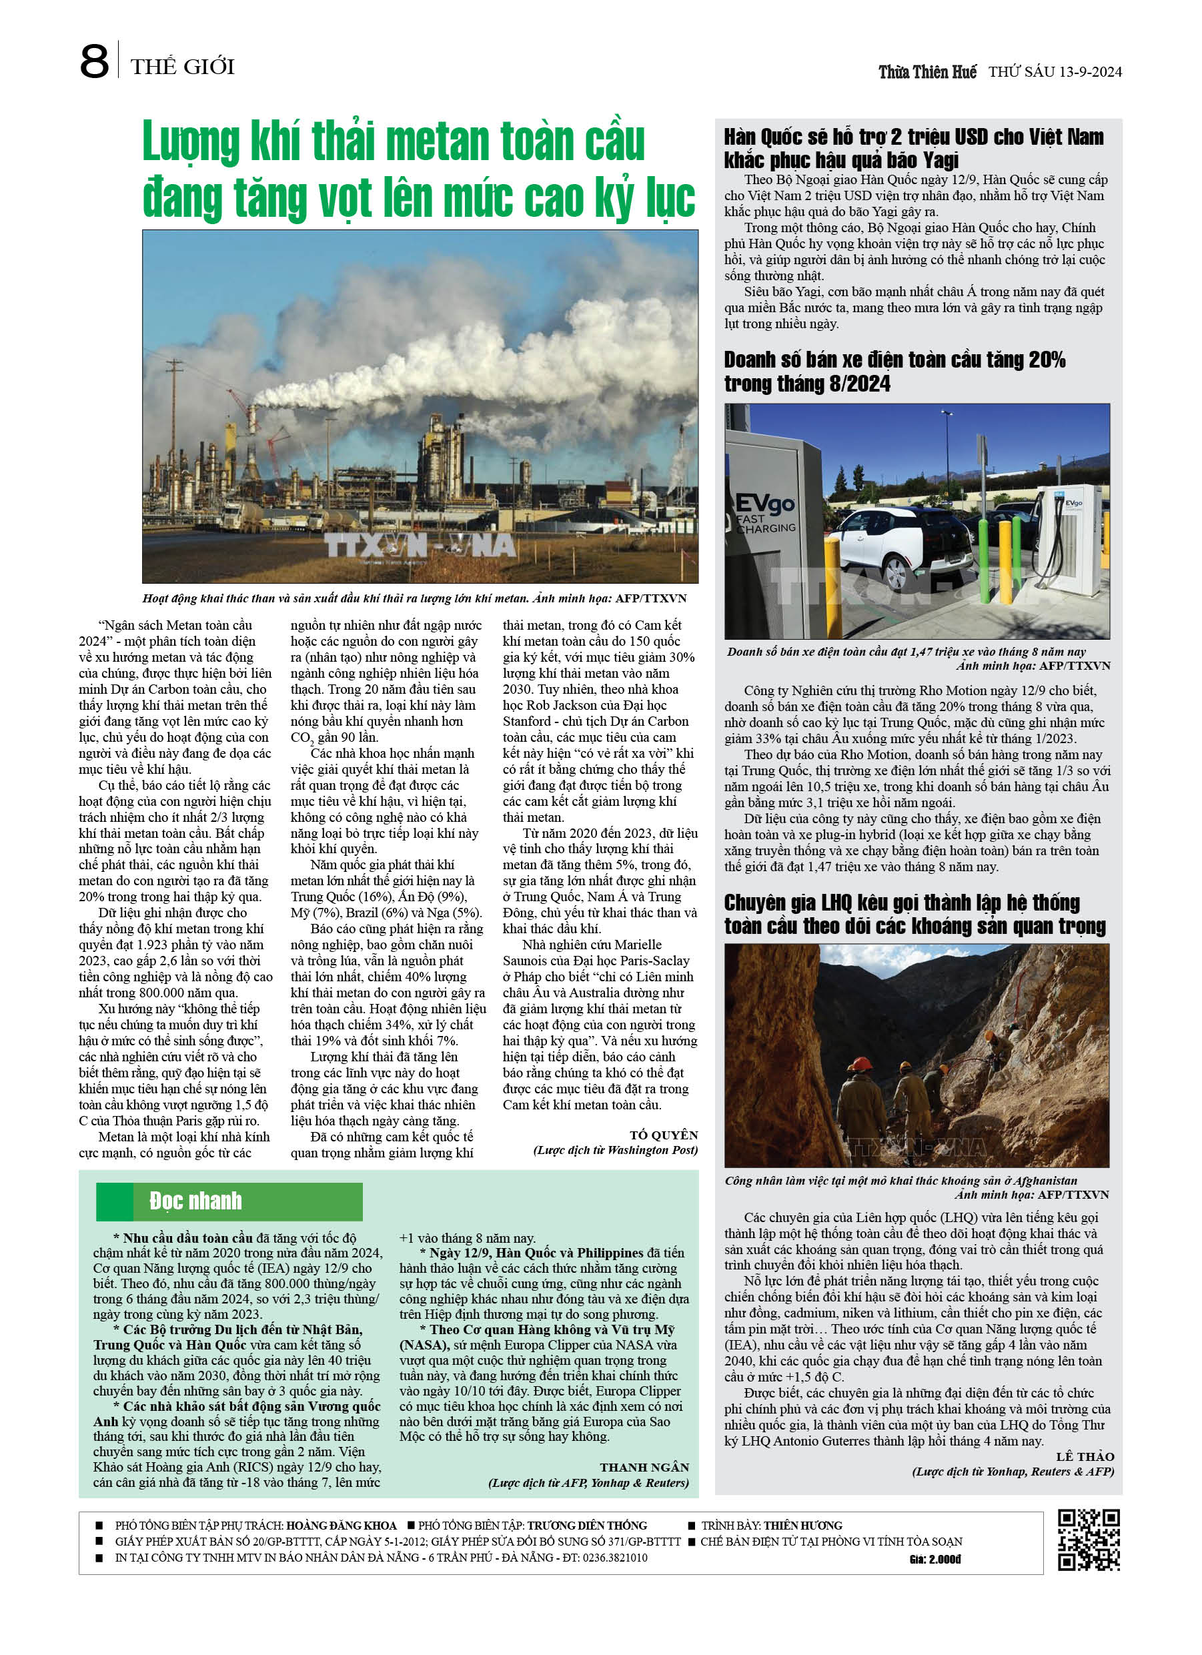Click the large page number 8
point(94,62)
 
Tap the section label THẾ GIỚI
point(183,67)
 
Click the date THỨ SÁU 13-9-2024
point(1055,72)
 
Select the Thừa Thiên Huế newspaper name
point(927,72)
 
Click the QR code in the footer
point(1088,1540)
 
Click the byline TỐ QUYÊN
point(664,1135)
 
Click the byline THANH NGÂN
point(644,1467)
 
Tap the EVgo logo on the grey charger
point(764,504)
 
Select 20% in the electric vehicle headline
point(1047,360)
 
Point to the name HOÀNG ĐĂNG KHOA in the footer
point(341,1525)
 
